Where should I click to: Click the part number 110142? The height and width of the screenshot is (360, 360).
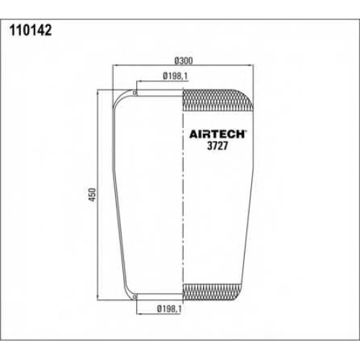tap(30, 30)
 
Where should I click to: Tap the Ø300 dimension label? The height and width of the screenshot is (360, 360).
tap(184, 60)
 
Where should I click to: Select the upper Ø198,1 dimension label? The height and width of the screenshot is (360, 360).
tap(175, 76)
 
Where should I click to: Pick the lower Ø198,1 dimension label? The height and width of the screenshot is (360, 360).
tap(169, 309)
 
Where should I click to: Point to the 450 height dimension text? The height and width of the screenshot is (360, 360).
tap(92, 194)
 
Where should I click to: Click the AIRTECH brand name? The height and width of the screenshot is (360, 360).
tap(217, 135)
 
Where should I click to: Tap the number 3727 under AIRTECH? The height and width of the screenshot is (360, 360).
tap(217, 145)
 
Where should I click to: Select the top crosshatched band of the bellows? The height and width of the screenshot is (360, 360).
tap(218, 100)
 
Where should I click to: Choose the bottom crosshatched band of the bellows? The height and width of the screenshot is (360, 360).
tap(212, 292)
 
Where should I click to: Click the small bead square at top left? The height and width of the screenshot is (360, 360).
tap(135, 93)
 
